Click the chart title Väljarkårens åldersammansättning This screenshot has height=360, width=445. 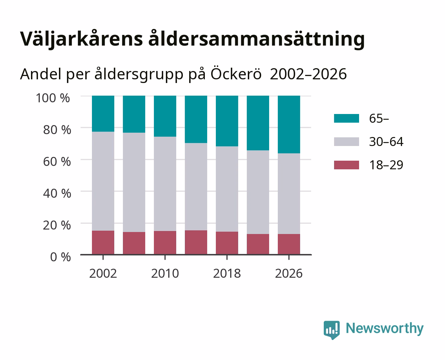pos(192,39)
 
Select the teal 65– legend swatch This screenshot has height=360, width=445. pos(346,118)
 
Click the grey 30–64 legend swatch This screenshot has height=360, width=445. pos(346,142)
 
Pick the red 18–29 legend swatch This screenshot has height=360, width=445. pos(346,165)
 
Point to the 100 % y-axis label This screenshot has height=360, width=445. pos(53,98)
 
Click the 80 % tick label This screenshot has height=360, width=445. pos(57,130)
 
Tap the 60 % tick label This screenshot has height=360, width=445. pos(57,162)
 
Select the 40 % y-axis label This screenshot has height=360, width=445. pos(57,193)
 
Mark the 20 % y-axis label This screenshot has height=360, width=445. pos(57,225)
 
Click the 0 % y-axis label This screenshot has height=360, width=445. pos(61,257)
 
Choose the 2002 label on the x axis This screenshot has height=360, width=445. pos(103,273)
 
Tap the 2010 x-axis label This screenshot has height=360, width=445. pos(165,273)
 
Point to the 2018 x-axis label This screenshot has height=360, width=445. pos(227,273)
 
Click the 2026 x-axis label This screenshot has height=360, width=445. pos(289,273)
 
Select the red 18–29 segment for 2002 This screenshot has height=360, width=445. pos(103,243)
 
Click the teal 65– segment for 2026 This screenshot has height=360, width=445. pos(289,125)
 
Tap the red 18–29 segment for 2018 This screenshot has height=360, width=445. pos(227,243)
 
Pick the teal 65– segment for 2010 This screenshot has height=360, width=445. pos(165,116)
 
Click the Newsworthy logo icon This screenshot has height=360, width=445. pos(331,330)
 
